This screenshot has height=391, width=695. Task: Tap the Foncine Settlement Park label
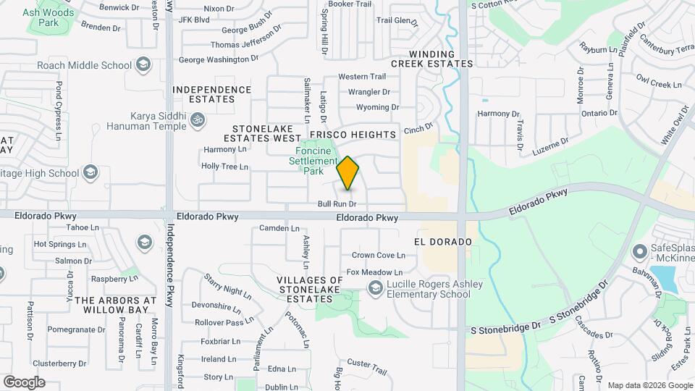[x=313, y=161]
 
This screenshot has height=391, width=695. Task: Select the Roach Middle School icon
[x=143, y=65]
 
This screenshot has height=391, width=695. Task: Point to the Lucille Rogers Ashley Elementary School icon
[x=375, y=289]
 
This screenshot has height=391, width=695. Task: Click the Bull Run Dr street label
[x=337, y=205]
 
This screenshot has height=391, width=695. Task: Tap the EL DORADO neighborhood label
[x=443, y=242]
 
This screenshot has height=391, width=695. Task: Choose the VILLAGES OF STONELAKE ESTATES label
[x=310, y=289]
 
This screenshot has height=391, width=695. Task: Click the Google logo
[x=24, y=382]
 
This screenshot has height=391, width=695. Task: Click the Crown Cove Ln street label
[x=378, y=255]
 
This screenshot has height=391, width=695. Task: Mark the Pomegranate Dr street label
[x=77, y=329]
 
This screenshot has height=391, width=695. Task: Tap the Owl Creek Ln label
[x=659, y=80]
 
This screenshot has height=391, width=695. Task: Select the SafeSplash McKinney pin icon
[x=639, y=252]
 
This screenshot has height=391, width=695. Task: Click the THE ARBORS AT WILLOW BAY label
[x=115, y=305]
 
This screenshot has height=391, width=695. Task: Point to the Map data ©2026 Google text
[x=649, y=385]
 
